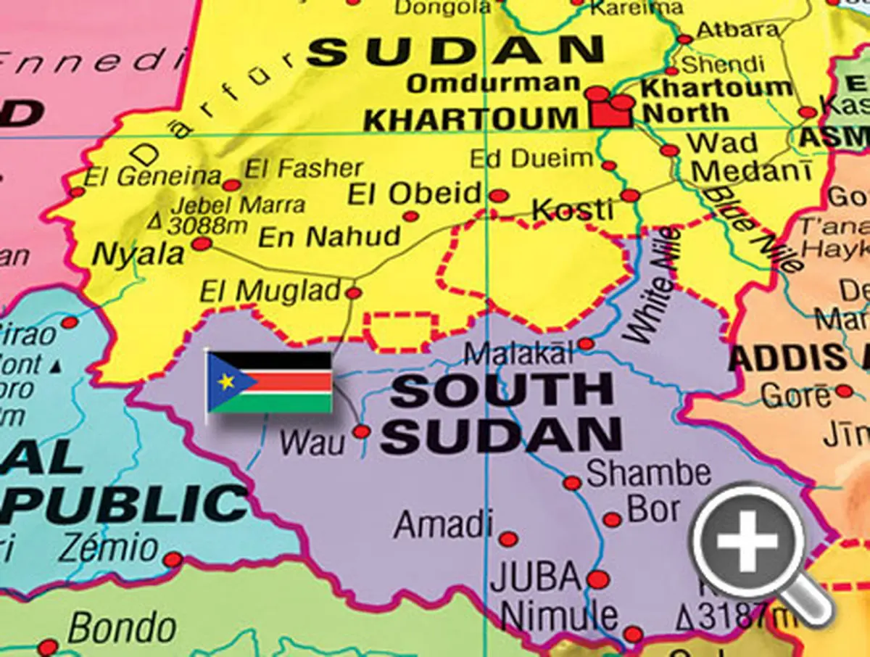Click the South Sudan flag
pyautogui.click(x=270, y=382)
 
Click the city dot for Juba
pyautogui.click(x=597, y=579)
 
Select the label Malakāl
pyautogui.click(x=519, y=355)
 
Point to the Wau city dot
pyautogui.click(x=361, y=431)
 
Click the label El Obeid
pyautogui.click(x=415, y=194)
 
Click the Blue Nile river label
pyautogui.click(x=755, y=227)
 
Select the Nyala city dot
pyautogui.click(x=201, y=244)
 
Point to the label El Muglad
pyautogui.click(x=270, y=292)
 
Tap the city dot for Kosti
pyautogui.click(x=630, y=195)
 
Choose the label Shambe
pyautogui.click(x=648, y=474)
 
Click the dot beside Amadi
pyautogui.click(x=508, y=539)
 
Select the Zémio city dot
pyautogui.click(x=173, y=559)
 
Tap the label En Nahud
pyautogui.click(x=329, y=236)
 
